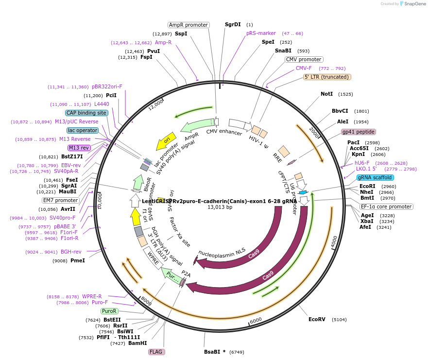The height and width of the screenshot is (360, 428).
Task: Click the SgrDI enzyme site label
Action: (233, 24)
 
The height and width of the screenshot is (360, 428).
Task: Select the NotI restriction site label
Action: (327, 94)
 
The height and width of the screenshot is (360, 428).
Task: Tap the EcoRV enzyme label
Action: (317, 319)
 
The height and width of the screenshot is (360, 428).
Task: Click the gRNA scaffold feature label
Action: (375, 177)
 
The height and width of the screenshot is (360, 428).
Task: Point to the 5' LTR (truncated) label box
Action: (327, 77)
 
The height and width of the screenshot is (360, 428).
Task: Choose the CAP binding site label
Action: (87, 113)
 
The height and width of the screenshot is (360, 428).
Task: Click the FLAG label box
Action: (156, 352)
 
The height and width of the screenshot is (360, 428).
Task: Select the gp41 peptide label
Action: (359, 132)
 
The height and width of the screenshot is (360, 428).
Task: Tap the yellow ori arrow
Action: (166, 141)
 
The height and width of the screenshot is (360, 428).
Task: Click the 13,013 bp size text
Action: (220, 207)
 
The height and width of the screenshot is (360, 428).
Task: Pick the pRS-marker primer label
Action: (261, 34)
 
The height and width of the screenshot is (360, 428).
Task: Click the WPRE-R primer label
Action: (92, 296)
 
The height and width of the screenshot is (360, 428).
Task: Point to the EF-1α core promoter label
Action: (387, 206)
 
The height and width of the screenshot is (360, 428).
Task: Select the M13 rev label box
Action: (79, 148)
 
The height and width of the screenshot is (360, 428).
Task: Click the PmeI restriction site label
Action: (77, 260)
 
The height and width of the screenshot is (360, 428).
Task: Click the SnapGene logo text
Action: (413, 4)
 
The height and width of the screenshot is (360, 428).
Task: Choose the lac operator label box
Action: (83, 130)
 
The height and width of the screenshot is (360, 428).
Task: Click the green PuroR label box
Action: (109, 311)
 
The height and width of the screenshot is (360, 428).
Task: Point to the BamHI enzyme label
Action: (137, 343)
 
